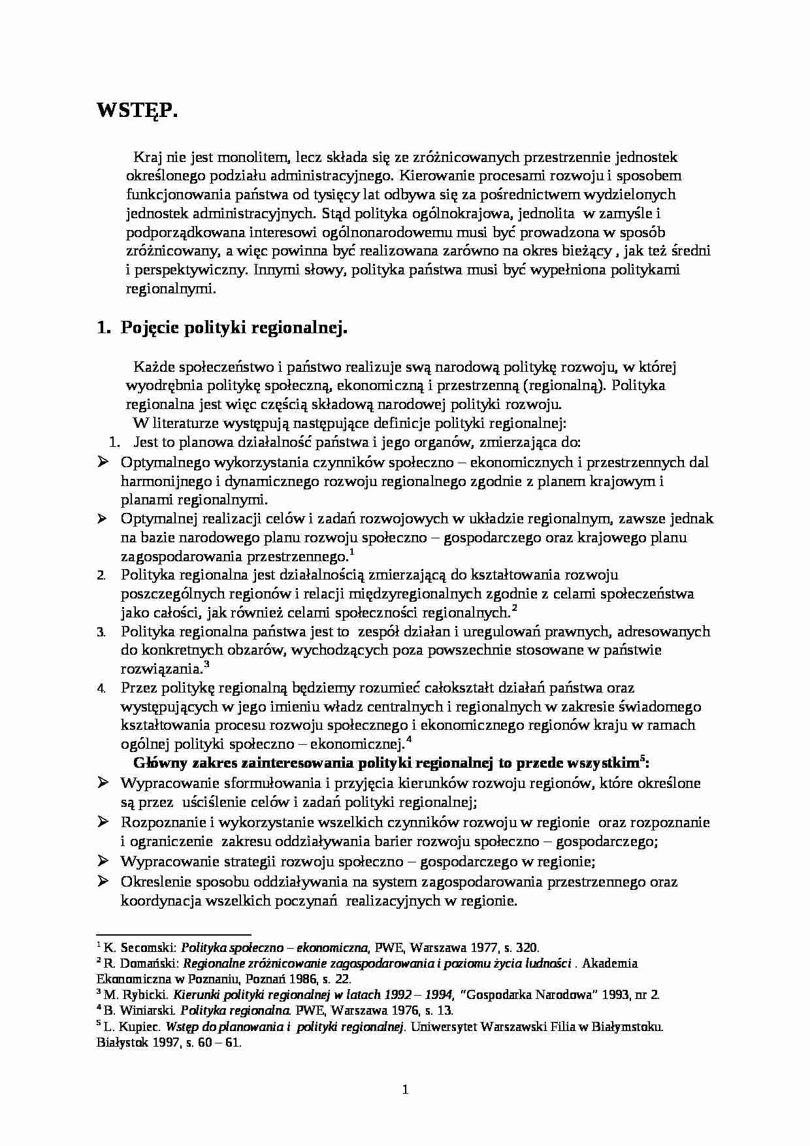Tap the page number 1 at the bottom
[405, 1089]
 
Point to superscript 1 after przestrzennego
[351, 553]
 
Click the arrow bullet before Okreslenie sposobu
[103, 881]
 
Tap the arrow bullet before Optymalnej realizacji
[103, 519]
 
